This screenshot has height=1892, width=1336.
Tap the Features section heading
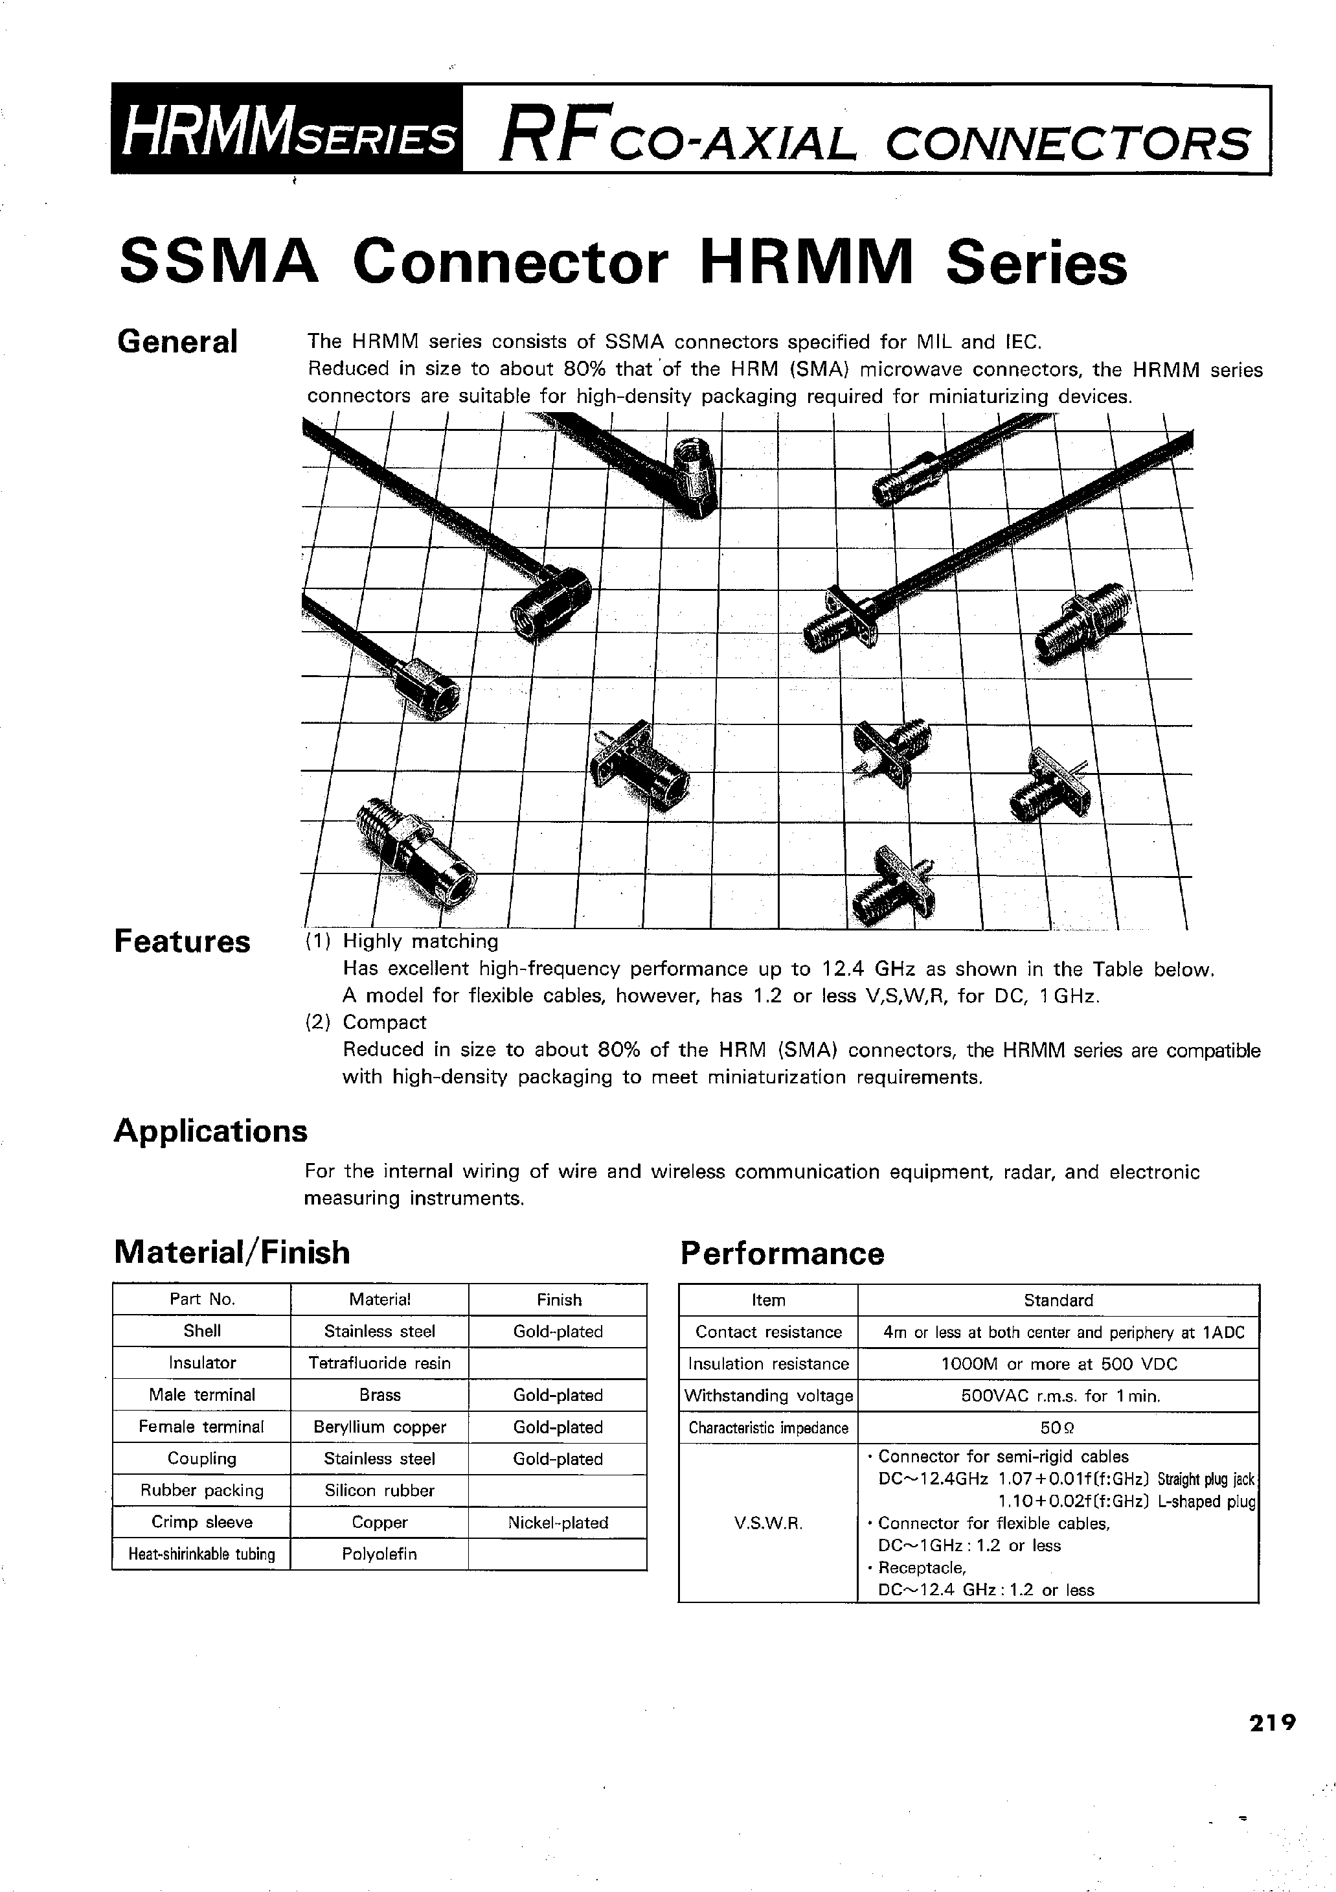tap(182, 941)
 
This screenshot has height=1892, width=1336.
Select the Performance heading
tap(782, 1253)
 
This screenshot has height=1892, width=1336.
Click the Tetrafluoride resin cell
tap(379, 1363)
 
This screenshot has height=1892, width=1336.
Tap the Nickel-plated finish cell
tap(558, 1522)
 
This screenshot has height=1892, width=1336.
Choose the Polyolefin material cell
tap(379, 1554)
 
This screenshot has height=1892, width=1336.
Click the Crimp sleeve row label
tap(202, 1522)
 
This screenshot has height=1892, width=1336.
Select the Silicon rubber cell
tap(379, 1490)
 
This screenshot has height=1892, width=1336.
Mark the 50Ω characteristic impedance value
tap(1058, 1427)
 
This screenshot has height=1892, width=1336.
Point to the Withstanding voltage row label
tap(767, 1395)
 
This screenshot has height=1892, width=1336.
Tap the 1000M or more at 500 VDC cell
tap(1058, 1364)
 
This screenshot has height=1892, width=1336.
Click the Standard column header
tap(1058, 1300)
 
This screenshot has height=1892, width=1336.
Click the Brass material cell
tap(379, 1394)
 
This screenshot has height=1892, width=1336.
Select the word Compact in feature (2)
tap(384, 1022)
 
